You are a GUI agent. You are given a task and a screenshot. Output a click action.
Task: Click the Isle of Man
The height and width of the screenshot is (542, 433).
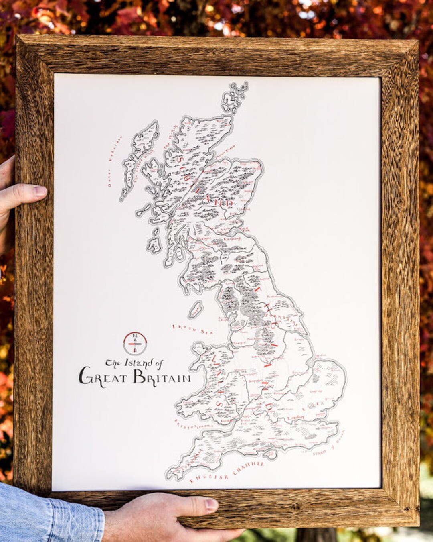pyautogui.click(x=195, y=310)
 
